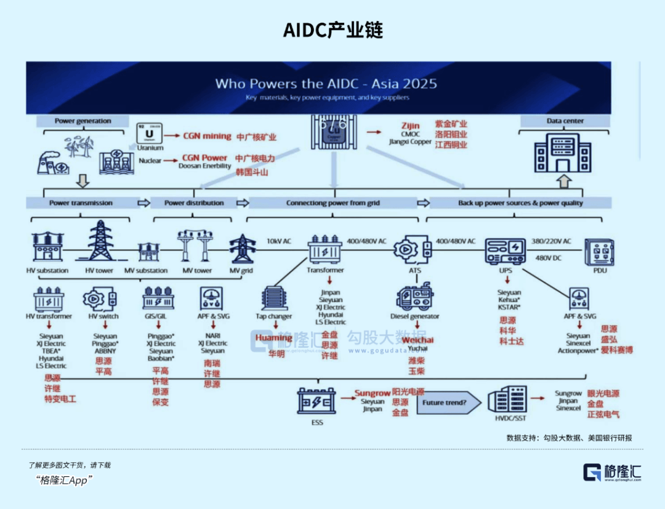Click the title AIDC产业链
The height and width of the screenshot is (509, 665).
click(332, 30)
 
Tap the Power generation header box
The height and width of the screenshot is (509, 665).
click(83, 121)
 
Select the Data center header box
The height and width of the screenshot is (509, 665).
click(565, 121)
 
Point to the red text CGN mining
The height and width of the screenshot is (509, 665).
click(207, 136)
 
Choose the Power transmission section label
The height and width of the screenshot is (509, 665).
click(81, 202)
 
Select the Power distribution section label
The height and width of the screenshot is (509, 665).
click(194, 202)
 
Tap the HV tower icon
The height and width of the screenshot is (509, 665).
click(100, 241)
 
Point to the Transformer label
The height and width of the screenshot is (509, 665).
click(325, 270)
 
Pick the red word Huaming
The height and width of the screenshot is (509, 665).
click(273, 338)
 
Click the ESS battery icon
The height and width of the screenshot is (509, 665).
click(316, 401)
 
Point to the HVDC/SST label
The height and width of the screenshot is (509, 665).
click(511, 419)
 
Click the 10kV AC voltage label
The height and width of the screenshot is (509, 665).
click(280, 241)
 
